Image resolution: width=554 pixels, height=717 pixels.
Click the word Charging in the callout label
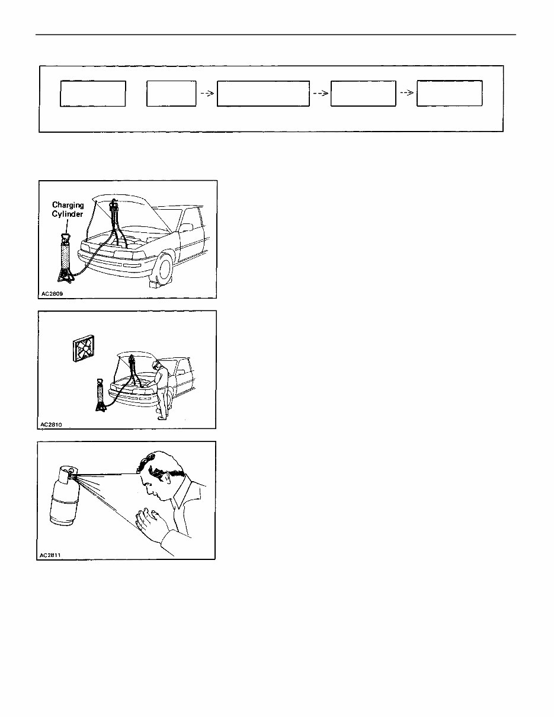(68, 206)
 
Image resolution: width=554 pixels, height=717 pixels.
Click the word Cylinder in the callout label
(68, 214)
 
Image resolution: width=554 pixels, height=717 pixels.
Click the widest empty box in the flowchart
(263, 94)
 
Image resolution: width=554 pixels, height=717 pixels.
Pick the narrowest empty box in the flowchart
(172, 94)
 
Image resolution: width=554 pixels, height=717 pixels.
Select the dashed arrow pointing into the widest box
(206, 94)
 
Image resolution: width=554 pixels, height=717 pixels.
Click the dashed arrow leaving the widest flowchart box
(320, 94)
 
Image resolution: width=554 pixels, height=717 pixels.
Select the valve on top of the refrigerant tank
(71, 472)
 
